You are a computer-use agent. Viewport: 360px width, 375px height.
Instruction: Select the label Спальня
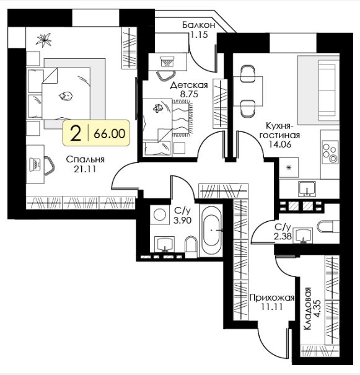pyautogui.click(x=85, y=159)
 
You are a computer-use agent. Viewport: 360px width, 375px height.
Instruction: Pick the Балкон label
pyautogui.click(x=199, y=25)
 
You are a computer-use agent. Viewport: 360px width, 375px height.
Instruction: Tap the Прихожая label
pyautogui.click(x=267, y=297)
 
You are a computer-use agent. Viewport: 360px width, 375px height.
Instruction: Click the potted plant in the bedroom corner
pyautogui.click(x=45, y=41)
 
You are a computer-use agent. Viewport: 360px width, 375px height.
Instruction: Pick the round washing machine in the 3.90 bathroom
pyautogui.click(x=159, y=216)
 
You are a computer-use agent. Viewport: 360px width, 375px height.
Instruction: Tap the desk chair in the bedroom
pyautogui.click(x=37, y=164)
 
